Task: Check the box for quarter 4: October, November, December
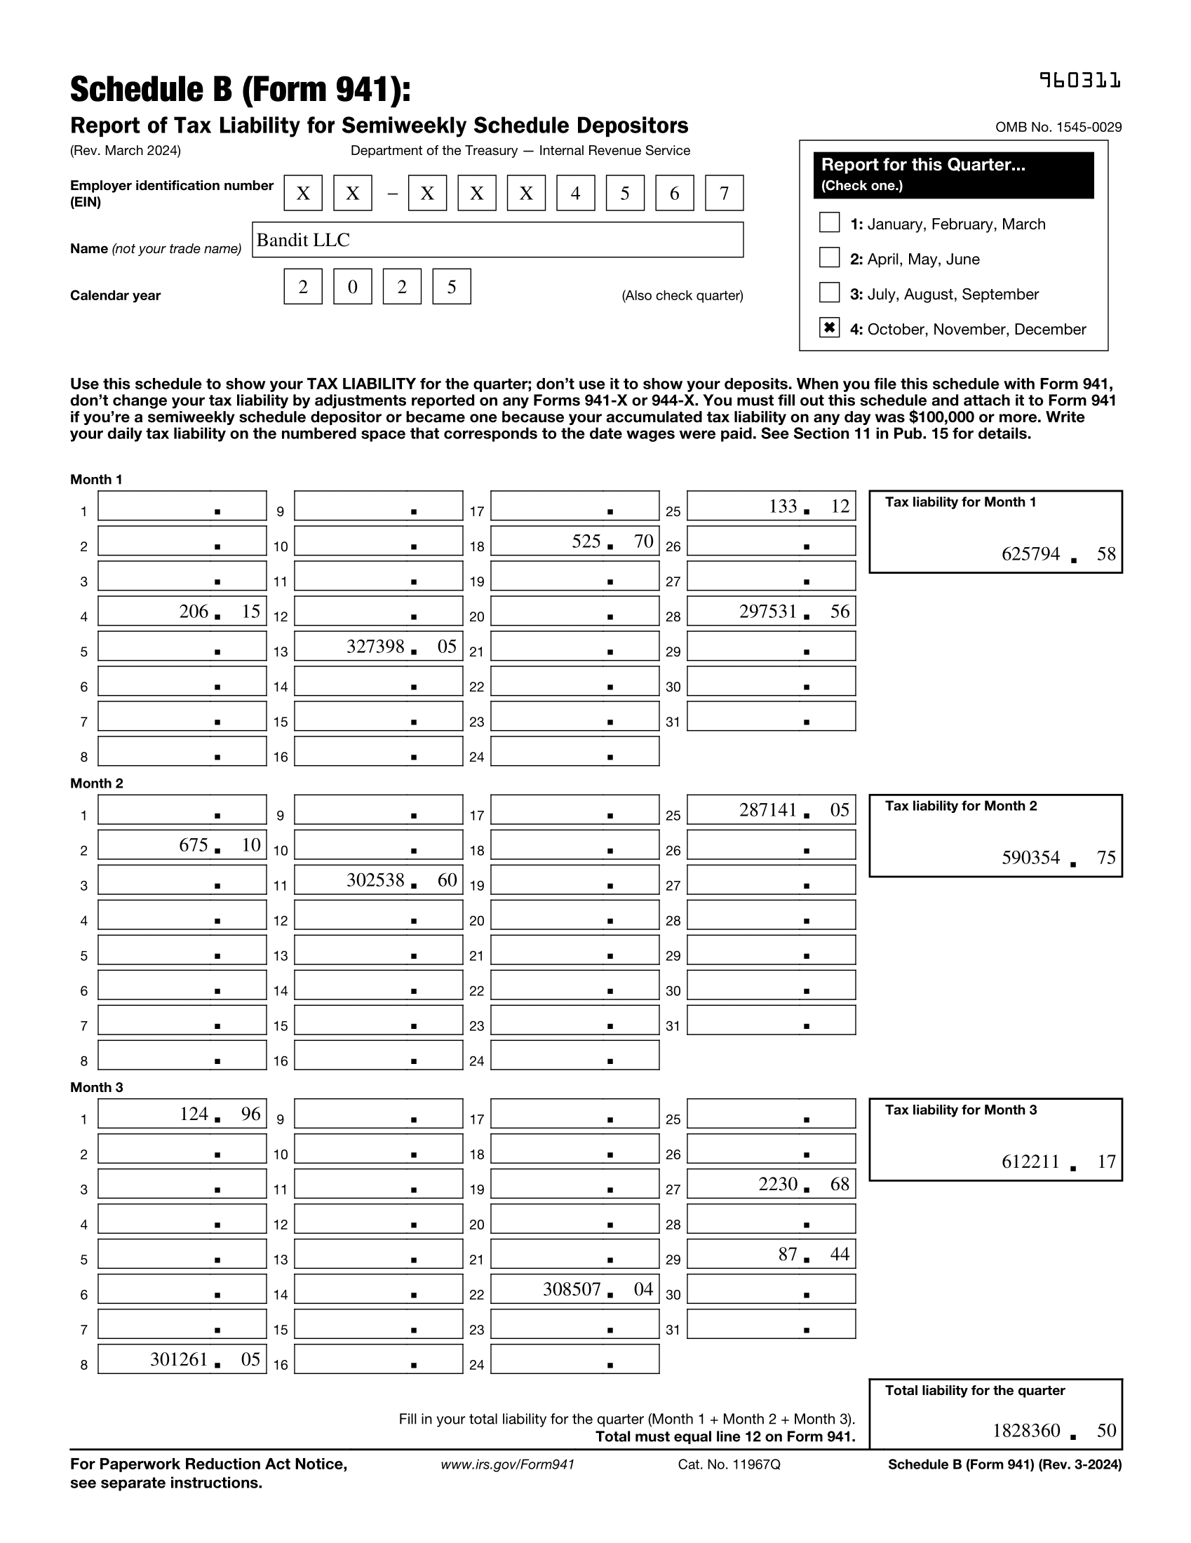tap(829, 328)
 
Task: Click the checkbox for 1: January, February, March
tap(829, 222)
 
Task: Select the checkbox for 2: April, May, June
tap(829, 258)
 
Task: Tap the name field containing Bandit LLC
tap(497, 240)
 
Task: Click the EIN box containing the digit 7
tap(724, 193)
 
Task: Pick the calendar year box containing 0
tap(353, 286)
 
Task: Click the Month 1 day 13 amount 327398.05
tap(379, 647)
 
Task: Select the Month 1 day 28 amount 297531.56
tap(772, 611)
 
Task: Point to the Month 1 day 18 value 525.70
tap(575, 541)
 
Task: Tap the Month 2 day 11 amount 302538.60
tap(379, 880)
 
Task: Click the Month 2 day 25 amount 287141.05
tap(772, 809)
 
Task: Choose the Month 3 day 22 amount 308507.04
tap(575, 1289)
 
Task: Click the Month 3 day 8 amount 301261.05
tap(182, 1359)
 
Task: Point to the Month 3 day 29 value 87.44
tap(772, 1254)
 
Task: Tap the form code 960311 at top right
tap(1080, 81)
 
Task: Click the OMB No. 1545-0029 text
tap(1058, 127)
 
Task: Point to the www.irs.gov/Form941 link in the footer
tap(507, 1464)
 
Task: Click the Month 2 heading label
tap(97, 783)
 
